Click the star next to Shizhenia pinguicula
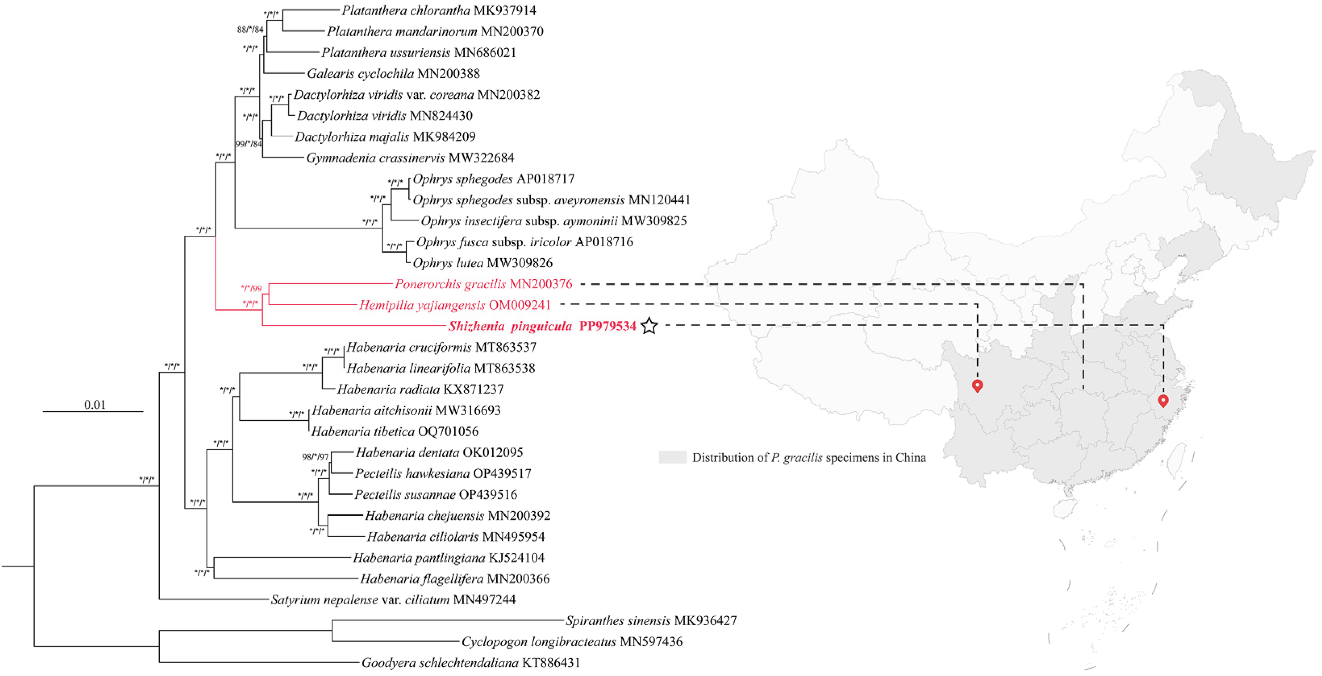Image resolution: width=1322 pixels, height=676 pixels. pyautogui.click(x=649, y=326)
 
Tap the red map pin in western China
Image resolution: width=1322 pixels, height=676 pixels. pyautogui.click(x=977, y=385)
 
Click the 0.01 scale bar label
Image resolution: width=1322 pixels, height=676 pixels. pyautogui.click(x=95, y=404)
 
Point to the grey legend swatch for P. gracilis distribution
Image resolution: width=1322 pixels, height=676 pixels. pyautogui.click(x=672, y=457)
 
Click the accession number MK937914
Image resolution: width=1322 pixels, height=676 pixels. pyautogui.click(x=505, y=10)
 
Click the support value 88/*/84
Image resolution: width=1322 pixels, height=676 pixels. pyautogui.click(x=250, y=30)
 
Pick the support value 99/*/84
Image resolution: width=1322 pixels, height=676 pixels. pyautogui.click(x=249, y=144)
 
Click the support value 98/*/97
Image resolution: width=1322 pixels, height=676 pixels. pyautogui.click(x=315, y=456)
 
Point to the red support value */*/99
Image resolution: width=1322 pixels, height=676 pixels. pyautogui.click(x=251, y=289)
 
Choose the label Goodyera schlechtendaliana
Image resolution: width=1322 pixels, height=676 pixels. pyautogui.click(x=440, y=663)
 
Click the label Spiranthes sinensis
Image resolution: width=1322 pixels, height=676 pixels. pyautogui.click(x=618, y=621)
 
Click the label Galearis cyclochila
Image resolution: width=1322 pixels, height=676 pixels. pyautogui.click(x=360, y=73)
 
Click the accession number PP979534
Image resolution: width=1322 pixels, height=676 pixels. pyautogui.click(x=608, y=326)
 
